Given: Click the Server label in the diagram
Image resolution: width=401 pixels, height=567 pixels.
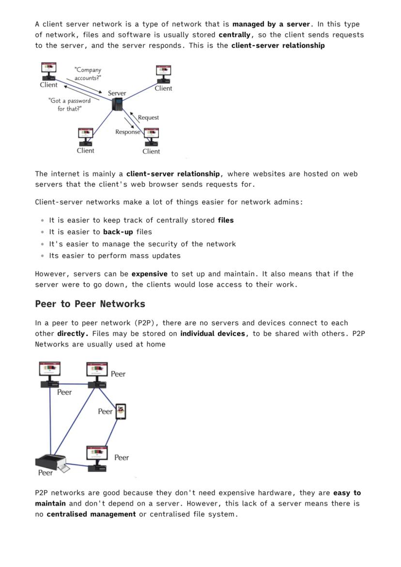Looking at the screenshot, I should point(117,93).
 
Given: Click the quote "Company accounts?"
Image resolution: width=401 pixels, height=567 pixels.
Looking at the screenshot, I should point(88,74).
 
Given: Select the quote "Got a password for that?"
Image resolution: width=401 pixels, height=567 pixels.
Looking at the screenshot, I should point(69,105).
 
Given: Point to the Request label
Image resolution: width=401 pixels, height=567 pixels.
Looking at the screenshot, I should point(148,118).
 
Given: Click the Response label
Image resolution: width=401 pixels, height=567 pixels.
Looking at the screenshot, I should point(127,132).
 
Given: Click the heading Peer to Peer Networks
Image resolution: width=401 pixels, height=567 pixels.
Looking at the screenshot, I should point(90,304).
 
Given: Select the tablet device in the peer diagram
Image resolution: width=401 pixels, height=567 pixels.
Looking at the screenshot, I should point(121,411).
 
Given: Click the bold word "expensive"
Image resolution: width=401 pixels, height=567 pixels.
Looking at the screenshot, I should point(149,274).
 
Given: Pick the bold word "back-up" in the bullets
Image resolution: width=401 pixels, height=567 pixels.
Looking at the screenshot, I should point(118,232).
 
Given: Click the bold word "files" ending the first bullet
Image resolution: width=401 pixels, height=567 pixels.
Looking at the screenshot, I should point(226,220).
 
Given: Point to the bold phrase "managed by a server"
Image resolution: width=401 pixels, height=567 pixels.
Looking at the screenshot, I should point(271,24).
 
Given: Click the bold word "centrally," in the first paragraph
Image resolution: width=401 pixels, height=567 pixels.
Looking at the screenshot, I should point(237,34).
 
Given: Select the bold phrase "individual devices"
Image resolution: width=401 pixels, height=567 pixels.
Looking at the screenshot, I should point(213,333).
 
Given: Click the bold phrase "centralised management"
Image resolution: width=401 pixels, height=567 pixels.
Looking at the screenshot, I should point(91,514).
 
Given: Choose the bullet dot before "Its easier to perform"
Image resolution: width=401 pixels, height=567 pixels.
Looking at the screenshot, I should point(43,256).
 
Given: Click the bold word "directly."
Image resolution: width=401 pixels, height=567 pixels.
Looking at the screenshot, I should point(73,333).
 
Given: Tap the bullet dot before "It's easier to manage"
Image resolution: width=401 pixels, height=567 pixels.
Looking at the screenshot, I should point(43,244).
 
